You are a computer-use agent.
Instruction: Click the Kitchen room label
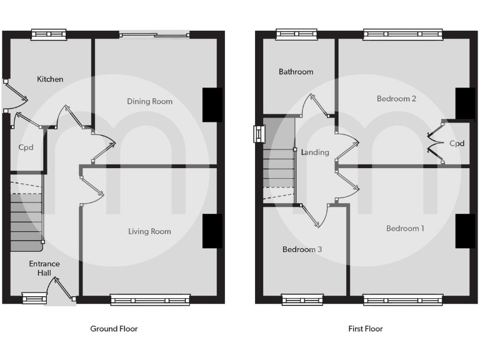[50, 79]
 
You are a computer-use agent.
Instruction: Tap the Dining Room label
[149, 101]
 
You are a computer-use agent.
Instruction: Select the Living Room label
[149, 231]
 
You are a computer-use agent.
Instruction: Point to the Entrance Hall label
[44, 268]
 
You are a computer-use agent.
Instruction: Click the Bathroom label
[296, 72]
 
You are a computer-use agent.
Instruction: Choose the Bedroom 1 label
[404, 228]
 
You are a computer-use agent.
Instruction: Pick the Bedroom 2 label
[396, 99]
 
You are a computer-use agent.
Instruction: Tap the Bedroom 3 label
[302, 249]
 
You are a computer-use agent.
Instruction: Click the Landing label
[314, 152]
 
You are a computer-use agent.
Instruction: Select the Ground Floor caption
[114, 329]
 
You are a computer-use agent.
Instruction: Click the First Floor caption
[365, 329]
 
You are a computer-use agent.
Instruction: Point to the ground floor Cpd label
[26, 147]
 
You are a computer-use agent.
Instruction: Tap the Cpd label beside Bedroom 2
[457, 143]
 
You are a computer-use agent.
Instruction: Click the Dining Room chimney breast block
[212, 104]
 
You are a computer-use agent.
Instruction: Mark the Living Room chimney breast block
[212, 231]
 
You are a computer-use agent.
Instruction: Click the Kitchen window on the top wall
[49, 34]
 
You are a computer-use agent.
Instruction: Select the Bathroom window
[296, 34]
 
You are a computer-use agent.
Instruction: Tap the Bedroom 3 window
[302, 300]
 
